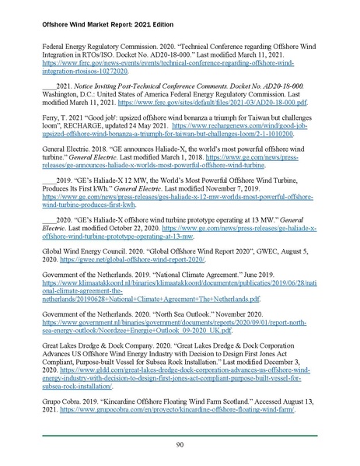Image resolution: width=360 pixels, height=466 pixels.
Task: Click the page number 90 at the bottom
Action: pyautogui.click(x=180, y=443)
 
